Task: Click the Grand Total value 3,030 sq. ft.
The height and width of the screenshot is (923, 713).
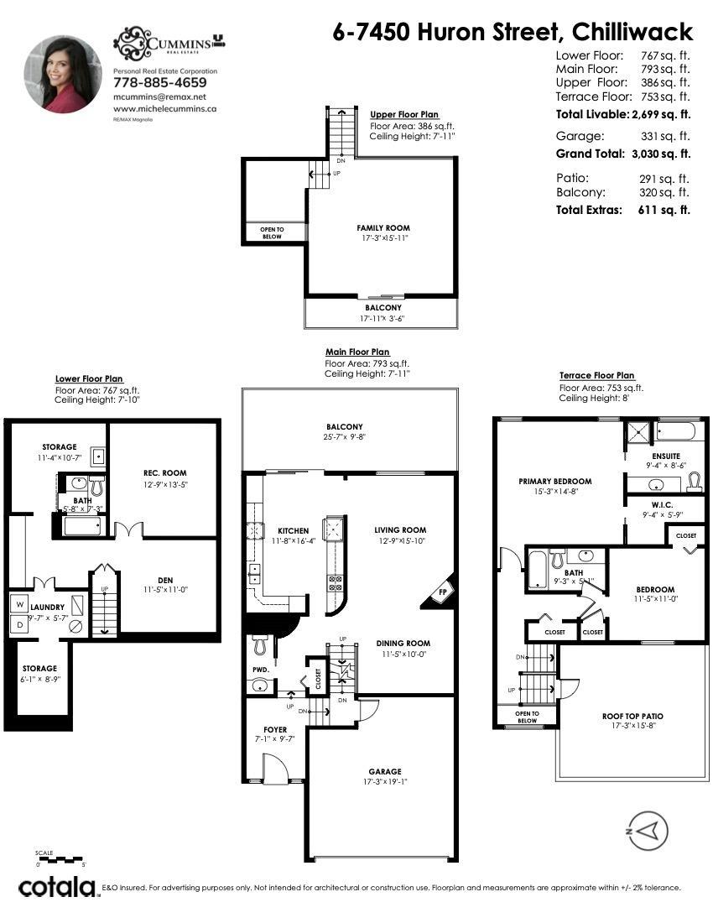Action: point(660,154)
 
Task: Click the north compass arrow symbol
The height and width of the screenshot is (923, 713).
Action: point(647,832)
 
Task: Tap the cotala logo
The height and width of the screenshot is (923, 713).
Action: point(56,887)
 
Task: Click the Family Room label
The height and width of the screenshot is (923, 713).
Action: point(383,227)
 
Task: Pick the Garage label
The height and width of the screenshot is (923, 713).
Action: point(384,771)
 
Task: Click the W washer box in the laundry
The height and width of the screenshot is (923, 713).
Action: point(18,603)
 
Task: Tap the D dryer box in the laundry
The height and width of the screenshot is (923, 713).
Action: point(18,623)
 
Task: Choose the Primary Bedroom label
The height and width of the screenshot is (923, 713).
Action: point(554,482)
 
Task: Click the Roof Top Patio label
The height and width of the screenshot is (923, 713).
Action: point(632,717)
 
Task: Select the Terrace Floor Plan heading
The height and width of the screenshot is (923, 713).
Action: point(597,375)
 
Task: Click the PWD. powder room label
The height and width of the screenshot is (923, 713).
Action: point(260,670)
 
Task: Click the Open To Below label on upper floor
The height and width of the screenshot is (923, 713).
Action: point(271,232)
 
